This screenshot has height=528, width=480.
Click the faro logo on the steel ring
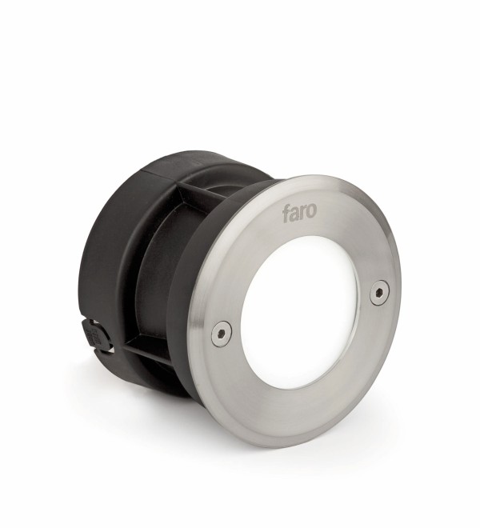(299, 212)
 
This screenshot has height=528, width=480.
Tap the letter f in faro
(286, 214)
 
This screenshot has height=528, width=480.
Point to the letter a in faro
(294, 214)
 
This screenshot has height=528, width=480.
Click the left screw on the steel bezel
(222, 333)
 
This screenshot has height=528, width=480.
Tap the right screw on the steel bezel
(379, 293)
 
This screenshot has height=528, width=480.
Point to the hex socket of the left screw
(222, 333)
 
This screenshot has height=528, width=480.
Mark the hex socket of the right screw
(380, 293)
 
